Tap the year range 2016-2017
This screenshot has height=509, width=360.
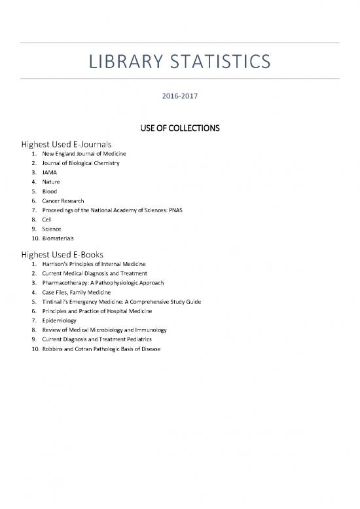179,96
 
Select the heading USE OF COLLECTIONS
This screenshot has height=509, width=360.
180,126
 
